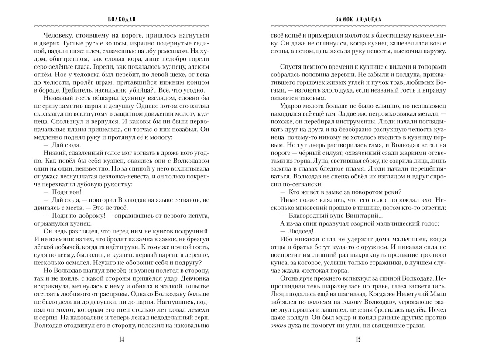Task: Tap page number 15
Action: (x=358, y=340)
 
